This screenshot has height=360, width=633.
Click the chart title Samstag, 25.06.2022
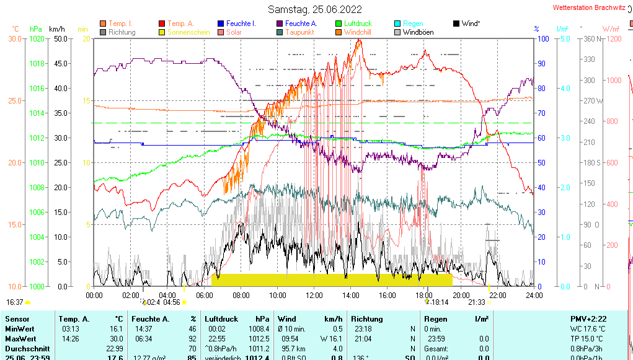point(316,9)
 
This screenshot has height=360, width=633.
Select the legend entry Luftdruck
point(358,24)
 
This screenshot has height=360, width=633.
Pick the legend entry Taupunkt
point(300,32)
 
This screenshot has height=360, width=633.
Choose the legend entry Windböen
point(418,32)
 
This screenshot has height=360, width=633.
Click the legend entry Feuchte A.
point(301,24)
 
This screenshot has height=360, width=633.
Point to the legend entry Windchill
point(358,32)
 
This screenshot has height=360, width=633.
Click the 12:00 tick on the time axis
point(314,295)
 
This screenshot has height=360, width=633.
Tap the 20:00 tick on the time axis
point(461,295)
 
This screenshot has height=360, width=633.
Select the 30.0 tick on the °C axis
point(15,38)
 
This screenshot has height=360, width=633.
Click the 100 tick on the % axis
point(542,38)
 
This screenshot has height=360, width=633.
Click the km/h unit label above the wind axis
point(56,29)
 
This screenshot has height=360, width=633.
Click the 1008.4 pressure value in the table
point(259,328)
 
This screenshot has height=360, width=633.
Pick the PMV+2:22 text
point(588,318)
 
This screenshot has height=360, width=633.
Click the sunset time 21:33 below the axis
point(476,302)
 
